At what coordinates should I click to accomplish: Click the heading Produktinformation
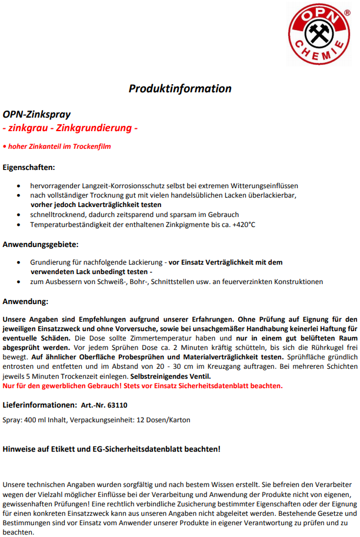tap(180, 89)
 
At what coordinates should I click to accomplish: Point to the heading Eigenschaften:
tap(29, 167)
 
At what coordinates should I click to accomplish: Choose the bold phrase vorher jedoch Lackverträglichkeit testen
tap(96, 204)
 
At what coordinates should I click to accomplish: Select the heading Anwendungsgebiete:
tap(41, 244)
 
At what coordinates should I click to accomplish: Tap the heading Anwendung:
tap(26, 301)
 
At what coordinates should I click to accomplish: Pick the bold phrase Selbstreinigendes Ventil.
tap(178, 376)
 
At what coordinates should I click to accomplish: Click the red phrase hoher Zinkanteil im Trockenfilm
tap(59, 146)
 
